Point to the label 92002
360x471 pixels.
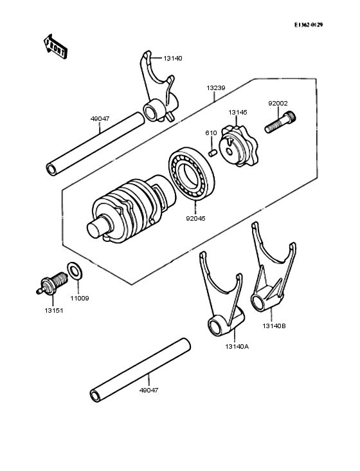278,103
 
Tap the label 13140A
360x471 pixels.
237,346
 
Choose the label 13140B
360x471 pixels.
274,326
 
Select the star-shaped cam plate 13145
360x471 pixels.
235,142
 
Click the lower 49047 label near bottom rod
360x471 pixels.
148,390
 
